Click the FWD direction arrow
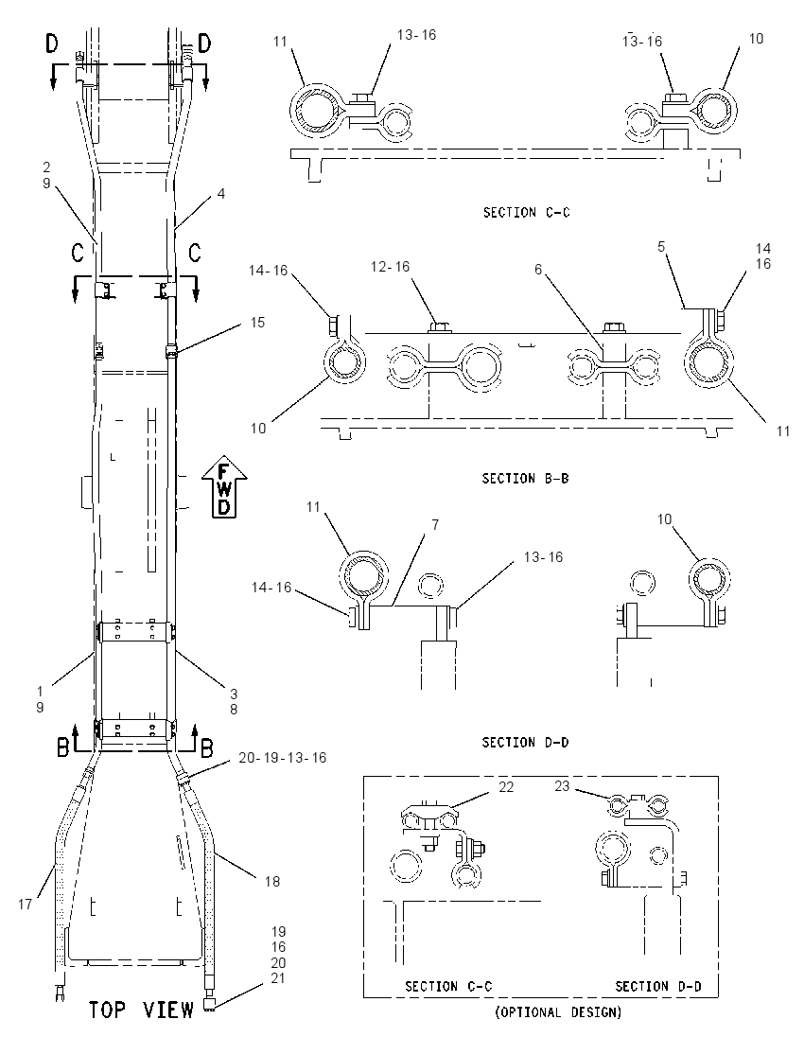pos(224,486)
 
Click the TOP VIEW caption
pos(142,1010)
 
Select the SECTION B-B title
pos(526,478)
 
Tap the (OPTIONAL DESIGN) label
pos(559,1012)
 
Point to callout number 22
pos(506,786)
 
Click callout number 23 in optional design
pos(561,786)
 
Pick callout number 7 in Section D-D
pos(435,524)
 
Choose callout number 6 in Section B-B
pos(538,269)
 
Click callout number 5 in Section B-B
pos(661,247)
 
